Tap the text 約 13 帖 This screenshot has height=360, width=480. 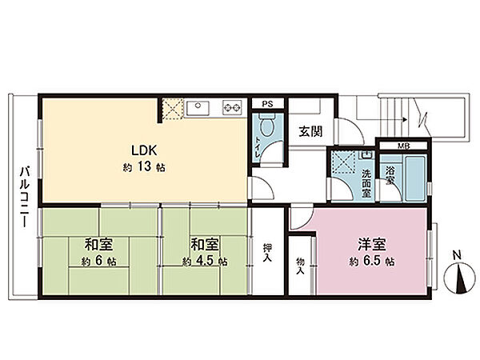(144, 168)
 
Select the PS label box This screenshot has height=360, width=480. (267, 104)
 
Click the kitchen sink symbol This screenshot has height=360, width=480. (198, 106)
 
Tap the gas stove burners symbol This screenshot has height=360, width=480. (232, 106)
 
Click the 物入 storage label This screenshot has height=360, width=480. (300, 266)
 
